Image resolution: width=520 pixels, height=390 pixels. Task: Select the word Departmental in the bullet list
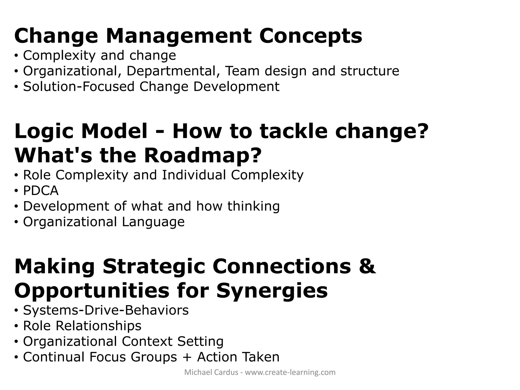click(x=171, y=71)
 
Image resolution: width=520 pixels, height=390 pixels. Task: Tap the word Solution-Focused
click(x=78, y=87)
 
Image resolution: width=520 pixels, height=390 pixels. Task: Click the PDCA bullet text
click(x=41, y=191)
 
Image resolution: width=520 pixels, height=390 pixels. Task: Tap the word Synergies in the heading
click(x=272, y=291)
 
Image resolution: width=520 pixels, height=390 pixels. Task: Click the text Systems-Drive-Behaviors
click(x=106, y=310)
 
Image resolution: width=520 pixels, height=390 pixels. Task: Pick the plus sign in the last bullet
click(x=187, y=357)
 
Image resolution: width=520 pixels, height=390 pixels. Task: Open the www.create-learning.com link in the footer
click(x=290, y=372)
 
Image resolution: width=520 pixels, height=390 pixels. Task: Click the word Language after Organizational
click(x=153, y=222)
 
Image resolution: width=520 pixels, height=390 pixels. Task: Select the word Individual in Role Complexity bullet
click(x=194, y=175)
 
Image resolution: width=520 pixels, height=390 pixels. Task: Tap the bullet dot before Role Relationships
click(x=16, y=326)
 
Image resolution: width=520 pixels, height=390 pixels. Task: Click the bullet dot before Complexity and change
click(x=16, y=56)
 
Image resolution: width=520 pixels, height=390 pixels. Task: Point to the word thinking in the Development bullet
click(x=253, y=206)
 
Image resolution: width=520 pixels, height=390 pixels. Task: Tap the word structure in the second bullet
click(x=370, y=71)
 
